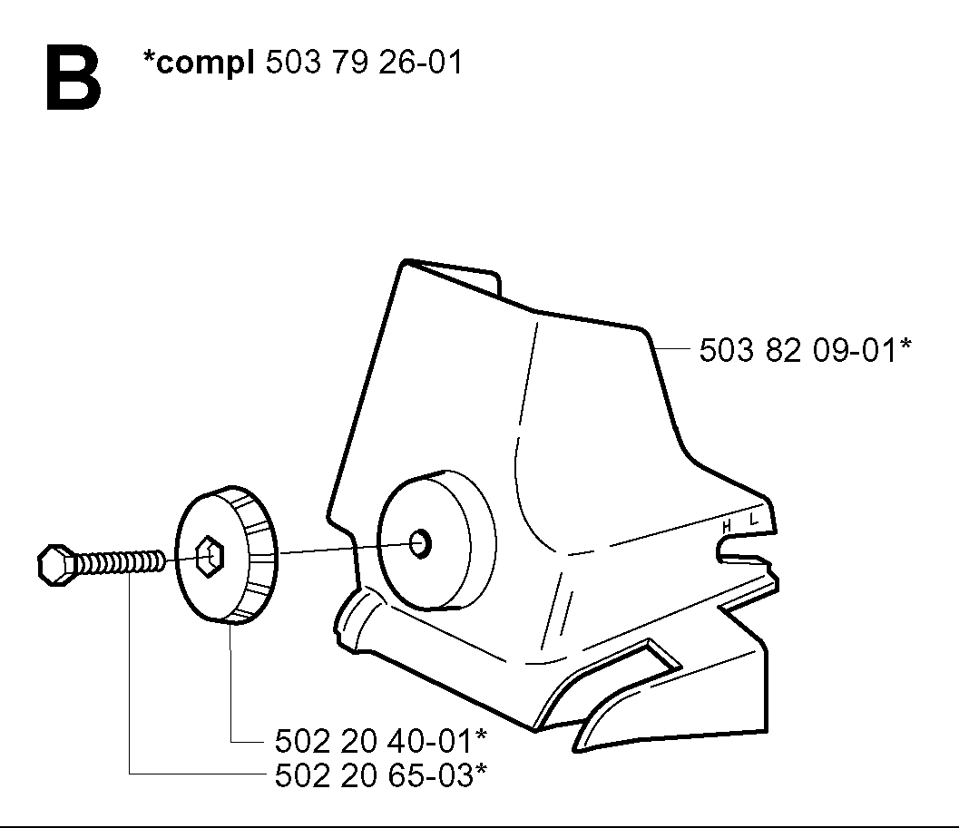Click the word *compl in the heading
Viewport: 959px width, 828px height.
[198, 63]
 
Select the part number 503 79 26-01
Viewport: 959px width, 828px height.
[364, 62]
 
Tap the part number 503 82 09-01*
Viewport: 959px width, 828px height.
[805, 350]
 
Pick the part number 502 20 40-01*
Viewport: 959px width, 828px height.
[380, 741]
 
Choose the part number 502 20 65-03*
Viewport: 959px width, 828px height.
[380, 776]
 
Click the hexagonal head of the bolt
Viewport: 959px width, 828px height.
[56, 566]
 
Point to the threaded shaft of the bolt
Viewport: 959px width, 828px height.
[119, 562]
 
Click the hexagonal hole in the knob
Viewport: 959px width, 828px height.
[210, 557]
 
